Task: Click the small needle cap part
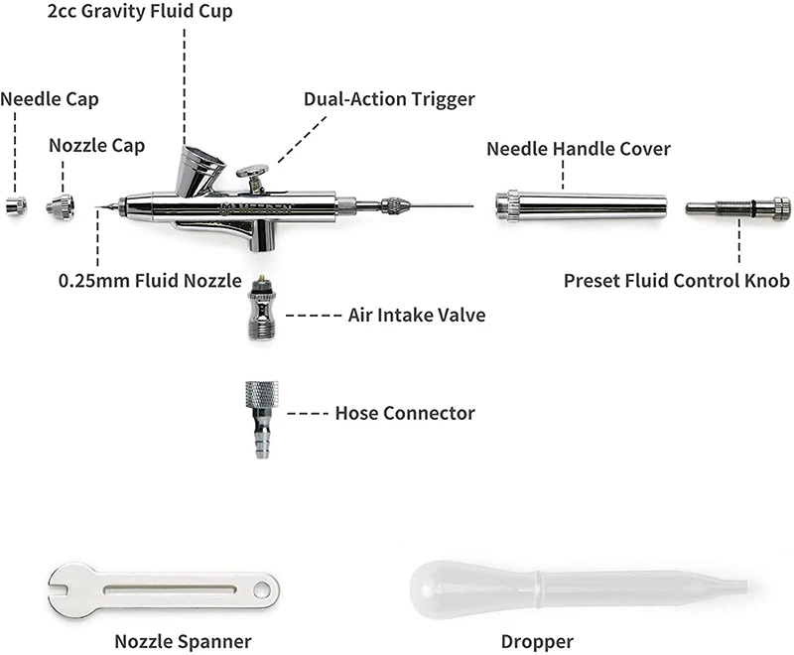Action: [15, 206]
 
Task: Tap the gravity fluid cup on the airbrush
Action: [195, 170]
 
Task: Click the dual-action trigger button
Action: [252, 172]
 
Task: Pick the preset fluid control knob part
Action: [737, 207]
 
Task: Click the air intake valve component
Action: [260, 312]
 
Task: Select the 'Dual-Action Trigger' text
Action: [389, 99]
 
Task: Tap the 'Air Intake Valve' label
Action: [417, 316]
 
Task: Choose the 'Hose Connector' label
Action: [405, 413]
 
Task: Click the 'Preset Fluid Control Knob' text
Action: [677, 281]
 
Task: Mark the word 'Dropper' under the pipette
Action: [535, 641]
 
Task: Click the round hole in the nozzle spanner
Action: [262, 591]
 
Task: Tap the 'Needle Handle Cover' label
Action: [579, 149]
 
